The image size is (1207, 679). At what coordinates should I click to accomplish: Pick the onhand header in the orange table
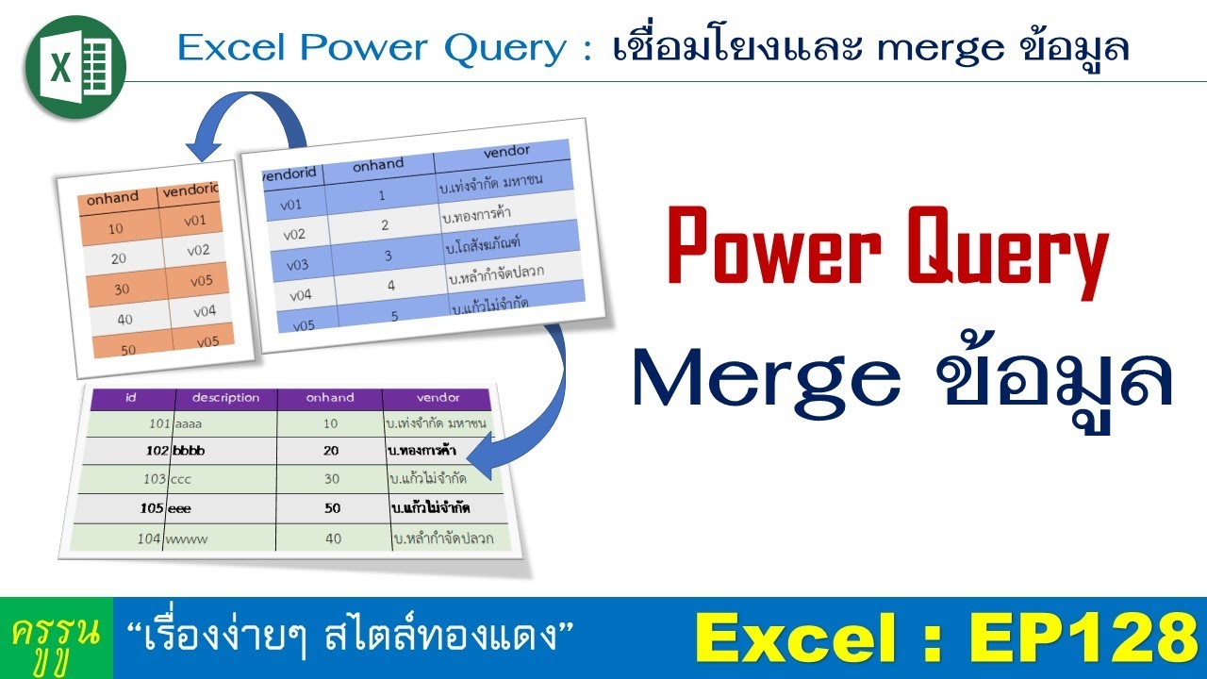click(x=112, y=198)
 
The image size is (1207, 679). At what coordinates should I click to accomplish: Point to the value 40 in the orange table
click(x=124, y=319)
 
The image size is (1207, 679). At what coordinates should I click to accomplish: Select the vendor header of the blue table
click(x=506, y=151)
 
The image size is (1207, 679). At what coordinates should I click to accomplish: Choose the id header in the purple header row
click(x=131, y=397)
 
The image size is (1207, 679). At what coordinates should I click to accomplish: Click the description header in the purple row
click(x=225, y=397)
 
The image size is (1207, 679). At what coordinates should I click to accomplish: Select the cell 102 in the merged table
click(x=157, y=451)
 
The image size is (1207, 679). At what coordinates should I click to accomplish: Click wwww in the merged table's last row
click(x=187, y=539)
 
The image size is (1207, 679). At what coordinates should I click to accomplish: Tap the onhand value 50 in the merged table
click(x=331, y=508)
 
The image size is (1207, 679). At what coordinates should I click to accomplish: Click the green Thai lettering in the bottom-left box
click(x=57, y=638)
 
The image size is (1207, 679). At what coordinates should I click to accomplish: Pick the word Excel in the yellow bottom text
click(x=786, y=638)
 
